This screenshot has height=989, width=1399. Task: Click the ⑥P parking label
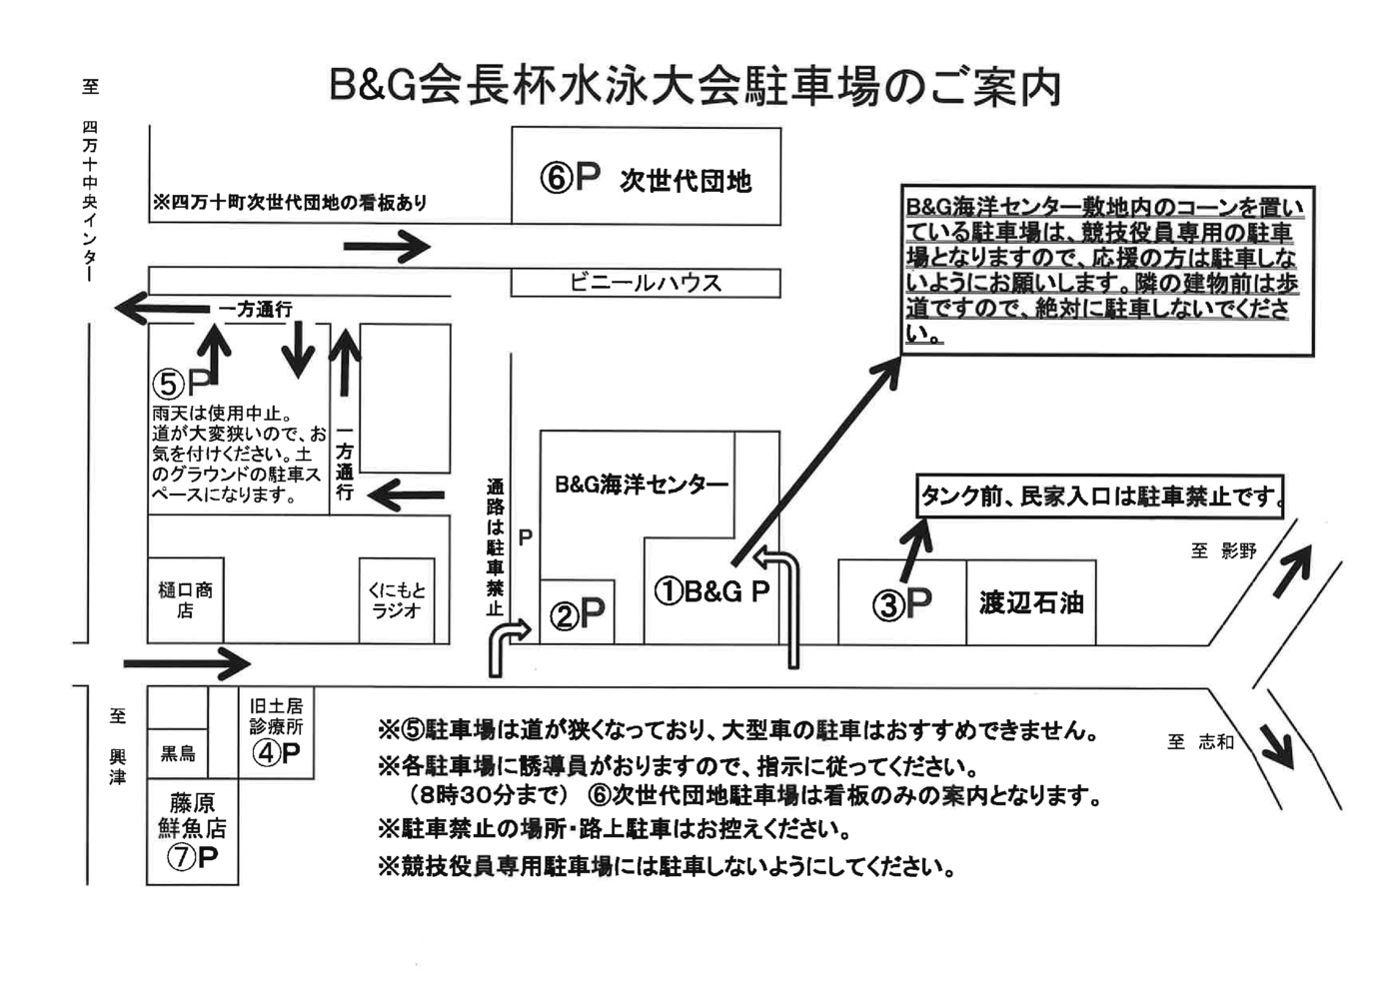570,178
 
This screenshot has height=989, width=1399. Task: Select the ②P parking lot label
579,613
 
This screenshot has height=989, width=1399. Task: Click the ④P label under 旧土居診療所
276,753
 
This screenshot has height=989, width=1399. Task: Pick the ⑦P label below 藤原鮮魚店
192,857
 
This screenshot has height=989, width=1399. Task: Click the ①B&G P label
711,591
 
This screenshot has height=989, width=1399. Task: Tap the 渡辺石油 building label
1031,602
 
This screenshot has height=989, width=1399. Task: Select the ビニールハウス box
646,283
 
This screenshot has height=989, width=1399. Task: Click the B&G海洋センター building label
642,486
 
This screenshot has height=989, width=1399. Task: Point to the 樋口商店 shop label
185,599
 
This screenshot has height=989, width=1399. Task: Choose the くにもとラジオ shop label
397,599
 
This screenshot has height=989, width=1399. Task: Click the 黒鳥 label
178,753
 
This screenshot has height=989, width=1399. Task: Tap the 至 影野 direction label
1223,550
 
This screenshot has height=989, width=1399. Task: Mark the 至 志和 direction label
1201,741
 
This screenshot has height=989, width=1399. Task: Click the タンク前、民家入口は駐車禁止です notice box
1100,496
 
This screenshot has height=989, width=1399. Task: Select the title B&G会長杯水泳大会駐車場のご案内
696,88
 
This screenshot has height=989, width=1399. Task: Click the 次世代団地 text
686,181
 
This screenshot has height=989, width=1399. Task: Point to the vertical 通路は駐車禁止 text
495,547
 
